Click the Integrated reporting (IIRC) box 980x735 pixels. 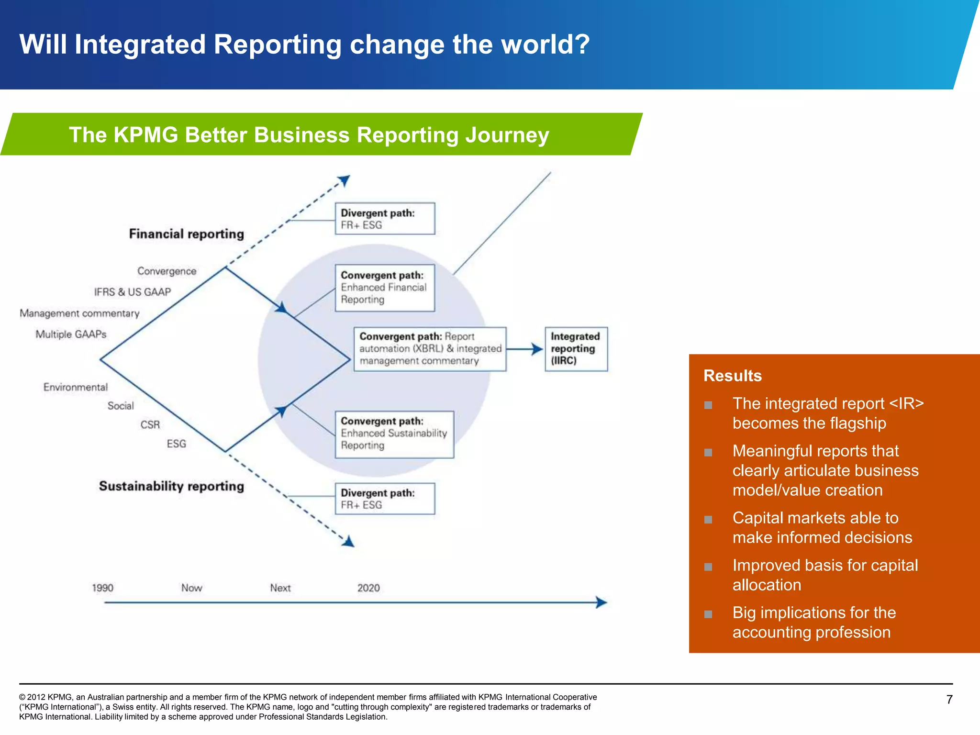pos(576,349)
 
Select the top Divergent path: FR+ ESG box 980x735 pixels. pos(385,219)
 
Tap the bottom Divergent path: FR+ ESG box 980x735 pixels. pos(385,499)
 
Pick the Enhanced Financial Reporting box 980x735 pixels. pos(385,288)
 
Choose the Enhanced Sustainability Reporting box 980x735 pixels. pos(394,434)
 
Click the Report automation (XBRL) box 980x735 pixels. pos(430,349)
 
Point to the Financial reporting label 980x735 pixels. pos(186,234)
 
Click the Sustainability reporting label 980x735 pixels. pos(171,486)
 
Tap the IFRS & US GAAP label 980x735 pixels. pos(132,292)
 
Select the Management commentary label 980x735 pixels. pos(79,313)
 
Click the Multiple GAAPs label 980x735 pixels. pos(71,334)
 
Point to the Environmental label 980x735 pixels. pos(76,387)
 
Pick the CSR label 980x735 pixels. pos(150,425)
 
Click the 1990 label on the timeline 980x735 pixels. pos(102,588)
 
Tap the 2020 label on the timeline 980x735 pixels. pos(368,588)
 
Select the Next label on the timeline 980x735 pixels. pos(280,588)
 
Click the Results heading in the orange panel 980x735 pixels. pos(732,376)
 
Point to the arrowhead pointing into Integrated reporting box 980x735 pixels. pos(537,349)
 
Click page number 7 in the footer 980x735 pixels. pos(949,700)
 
